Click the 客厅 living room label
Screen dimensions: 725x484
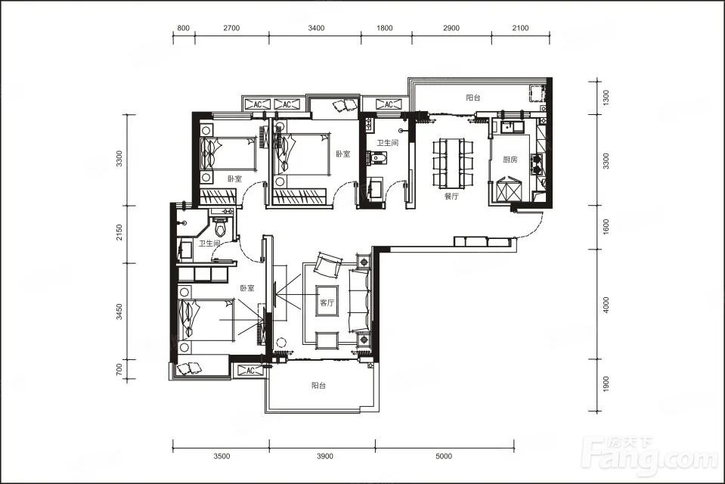point(327,303)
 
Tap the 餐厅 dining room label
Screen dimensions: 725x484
point(451,196)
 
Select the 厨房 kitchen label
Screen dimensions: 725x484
point(510,160)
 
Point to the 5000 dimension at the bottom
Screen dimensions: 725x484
point(444,456)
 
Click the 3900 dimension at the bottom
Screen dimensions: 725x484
point(325,456)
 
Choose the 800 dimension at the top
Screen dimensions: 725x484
point(184,28)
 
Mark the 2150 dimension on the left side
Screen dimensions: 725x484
point(119,233)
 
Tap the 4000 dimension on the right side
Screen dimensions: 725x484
point(606,305)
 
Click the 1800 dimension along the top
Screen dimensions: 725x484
point(385,28)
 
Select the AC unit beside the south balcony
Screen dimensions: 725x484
point(249,371)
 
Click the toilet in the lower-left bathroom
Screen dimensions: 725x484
point(221,225)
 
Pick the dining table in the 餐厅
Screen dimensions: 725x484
point(453,163)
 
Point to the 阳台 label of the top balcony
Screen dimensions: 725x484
point(473,98)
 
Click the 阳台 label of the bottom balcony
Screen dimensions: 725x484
point(318,385)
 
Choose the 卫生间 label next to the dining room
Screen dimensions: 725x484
point(388,142)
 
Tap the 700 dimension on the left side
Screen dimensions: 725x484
point(119,369)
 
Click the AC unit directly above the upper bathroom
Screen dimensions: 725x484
point(389,104)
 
